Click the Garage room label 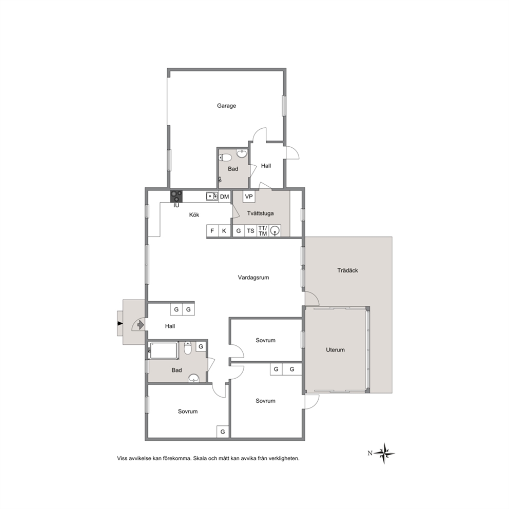click(226, 106)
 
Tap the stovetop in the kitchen click(177, 197)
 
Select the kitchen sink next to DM click(212, 197)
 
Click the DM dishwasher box click(224, 197)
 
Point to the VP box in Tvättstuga click(249, 197)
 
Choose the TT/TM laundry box click(263, 231)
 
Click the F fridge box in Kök click(212, 231)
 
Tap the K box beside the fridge click(224, 231)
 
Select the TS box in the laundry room click(250, 231)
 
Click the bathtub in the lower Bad click(164, 350)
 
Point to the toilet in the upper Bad click(225, 158)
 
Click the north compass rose click(384, 453)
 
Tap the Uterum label click(335, 349)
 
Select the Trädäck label click(347, 270)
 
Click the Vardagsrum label click(253, 277)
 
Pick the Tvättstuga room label click(260, 213)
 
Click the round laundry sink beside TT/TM click(275, 231)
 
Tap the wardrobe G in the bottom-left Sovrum click(223, 432)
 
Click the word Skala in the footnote click(200, 458)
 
